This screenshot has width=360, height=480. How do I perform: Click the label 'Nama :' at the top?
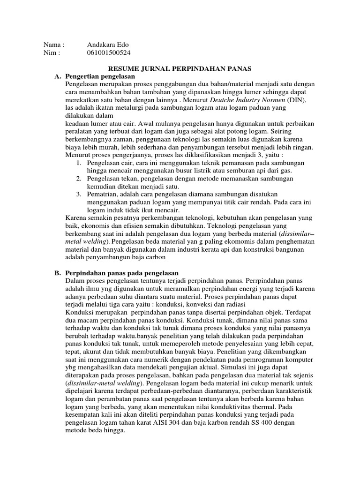tap(53, 45)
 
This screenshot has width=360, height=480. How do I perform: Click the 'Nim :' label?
tap(52, 52)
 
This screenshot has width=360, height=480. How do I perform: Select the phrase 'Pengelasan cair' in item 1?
tap(109, 163)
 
